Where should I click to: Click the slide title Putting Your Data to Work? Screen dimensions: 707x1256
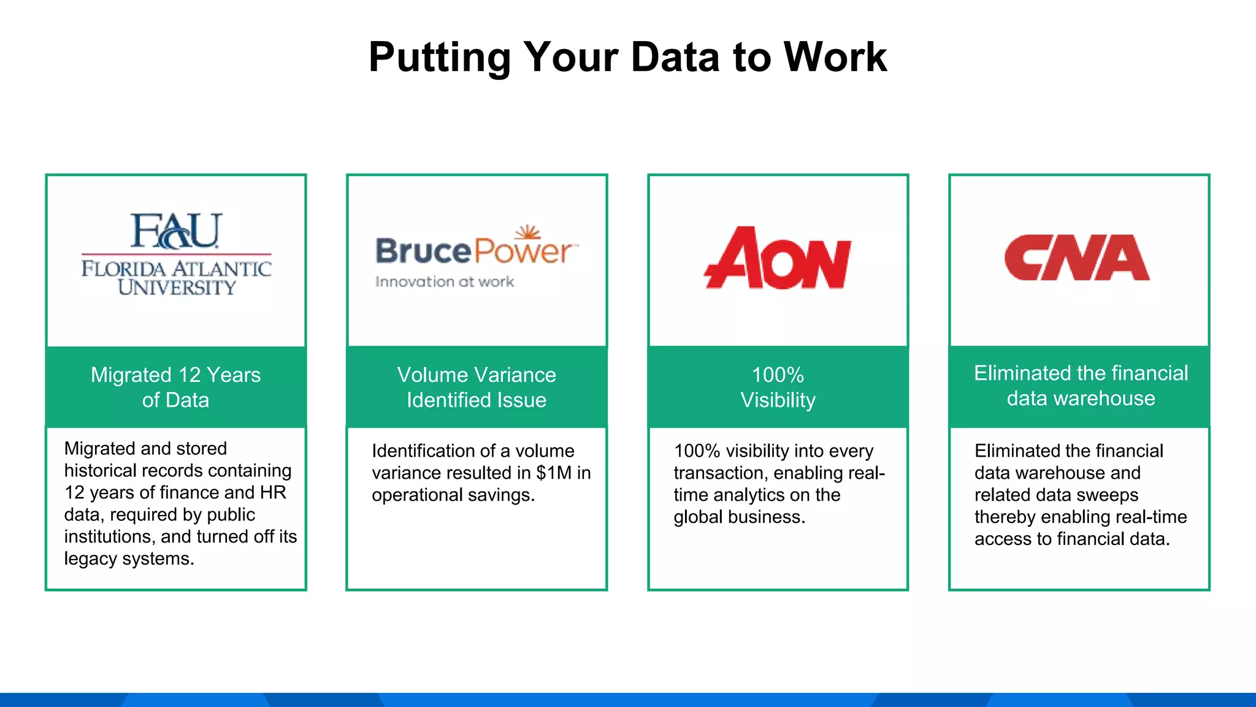coord(627,57)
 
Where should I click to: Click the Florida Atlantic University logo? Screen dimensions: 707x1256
coord(176,254)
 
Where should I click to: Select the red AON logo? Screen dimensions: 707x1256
coord(778,258)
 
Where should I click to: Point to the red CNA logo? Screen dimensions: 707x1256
coord(1077,258)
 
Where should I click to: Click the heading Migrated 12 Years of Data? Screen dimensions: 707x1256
coord(175,387)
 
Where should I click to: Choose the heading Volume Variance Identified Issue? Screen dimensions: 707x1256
coord(477,387)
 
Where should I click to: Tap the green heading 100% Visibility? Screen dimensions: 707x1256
coord(778,387)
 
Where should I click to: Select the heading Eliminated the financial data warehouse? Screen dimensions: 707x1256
coord(1081,385)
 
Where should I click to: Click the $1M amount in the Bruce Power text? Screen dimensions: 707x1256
coord(554,473)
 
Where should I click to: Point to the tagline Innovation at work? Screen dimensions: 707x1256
coord(445,282)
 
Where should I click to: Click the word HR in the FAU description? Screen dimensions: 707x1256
coord(273,493)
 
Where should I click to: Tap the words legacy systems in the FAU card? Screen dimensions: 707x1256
coord(129,559)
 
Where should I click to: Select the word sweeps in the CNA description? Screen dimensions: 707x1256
coord(1110,495)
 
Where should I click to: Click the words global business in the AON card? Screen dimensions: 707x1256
coord(739,517)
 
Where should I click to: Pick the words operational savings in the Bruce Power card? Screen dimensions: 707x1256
coord(453,495)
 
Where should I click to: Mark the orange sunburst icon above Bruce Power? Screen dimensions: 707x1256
coord(527,233)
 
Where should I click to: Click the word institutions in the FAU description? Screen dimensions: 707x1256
coord(109,537)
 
